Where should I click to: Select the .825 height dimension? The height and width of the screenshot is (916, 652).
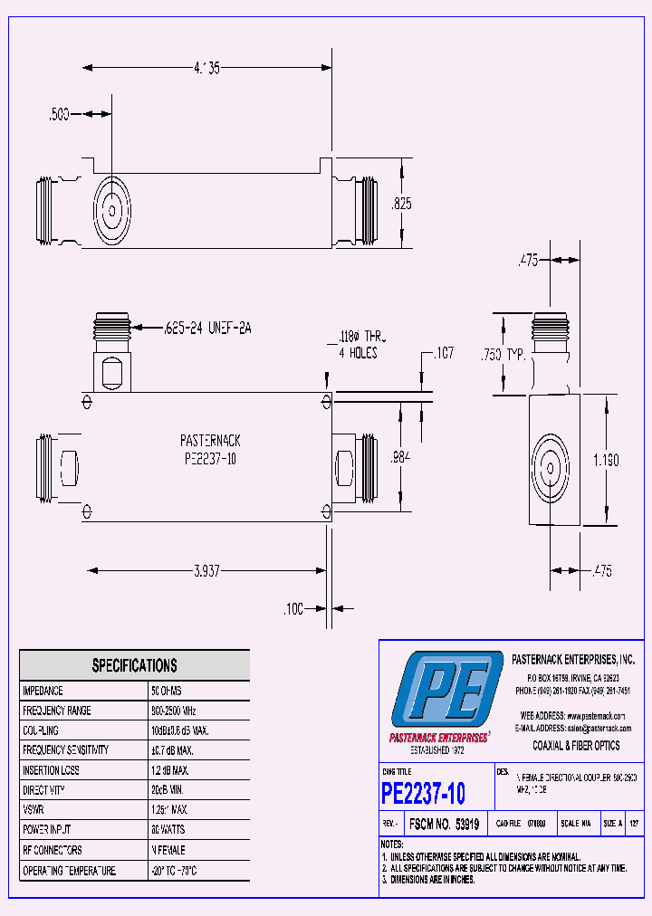point(401,204)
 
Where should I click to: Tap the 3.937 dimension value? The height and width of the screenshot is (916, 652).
point(206,571)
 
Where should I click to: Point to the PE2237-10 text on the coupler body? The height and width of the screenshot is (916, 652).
point(209,457)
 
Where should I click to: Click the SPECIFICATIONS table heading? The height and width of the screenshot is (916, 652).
point(134,665)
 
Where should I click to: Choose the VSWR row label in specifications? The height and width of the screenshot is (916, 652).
point(34,810)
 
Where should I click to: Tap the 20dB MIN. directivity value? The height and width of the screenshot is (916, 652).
point(168,790)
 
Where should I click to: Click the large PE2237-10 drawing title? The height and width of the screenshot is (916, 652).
point(423,794)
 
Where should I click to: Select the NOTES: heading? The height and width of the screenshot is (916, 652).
point(393,844)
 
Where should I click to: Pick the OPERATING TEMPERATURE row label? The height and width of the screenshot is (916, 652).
point(69,870)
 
